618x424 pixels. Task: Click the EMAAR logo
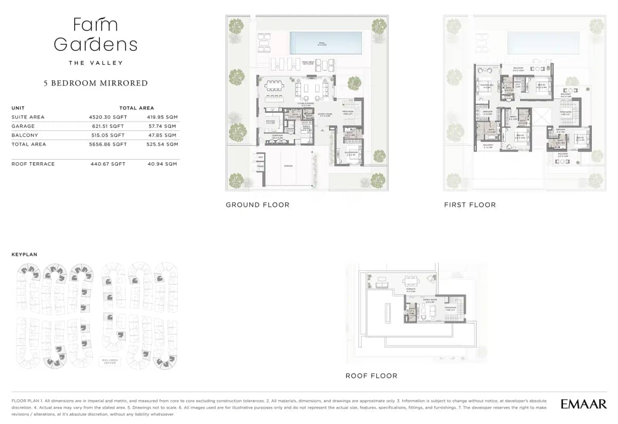click(583, 404)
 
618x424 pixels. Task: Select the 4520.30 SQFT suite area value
click(108, 117)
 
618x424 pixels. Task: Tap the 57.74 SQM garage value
click(163, 126)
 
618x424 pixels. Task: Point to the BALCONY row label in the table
click(24, 135)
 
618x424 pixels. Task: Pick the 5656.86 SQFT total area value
click(108, 145)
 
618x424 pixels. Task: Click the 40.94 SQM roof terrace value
click(163, 164)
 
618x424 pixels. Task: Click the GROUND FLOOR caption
click(257, 205)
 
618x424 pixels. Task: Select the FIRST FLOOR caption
click(470, 205)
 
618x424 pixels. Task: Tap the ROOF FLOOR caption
click(371, 376)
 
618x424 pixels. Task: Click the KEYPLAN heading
click(24, 255)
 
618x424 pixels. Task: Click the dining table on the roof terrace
click(410, 281)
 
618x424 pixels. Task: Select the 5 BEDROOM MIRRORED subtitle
click(95, 83)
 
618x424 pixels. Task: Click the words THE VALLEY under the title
click(96, 63)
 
